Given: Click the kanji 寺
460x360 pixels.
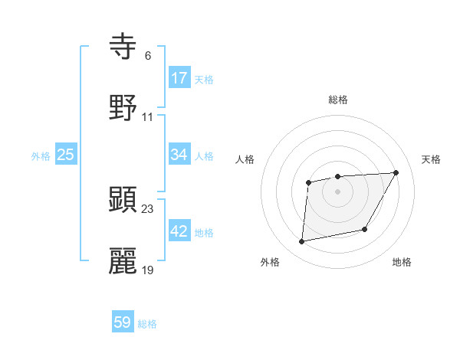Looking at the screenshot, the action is tap(123, 47).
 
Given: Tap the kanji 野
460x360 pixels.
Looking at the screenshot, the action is tap(123, 108).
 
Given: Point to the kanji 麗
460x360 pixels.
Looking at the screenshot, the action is tap(123, 261).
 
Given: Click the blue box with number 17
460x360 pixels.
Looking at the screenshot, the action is tap(179, 78).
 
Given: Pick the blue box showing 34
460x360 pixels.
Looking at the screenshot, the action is tap(179, 155).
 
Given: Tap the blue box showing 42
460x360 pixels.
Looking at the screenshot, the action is tap(179, 231).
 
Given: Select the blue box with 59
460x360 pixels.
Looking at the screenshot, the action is tap(123, 322).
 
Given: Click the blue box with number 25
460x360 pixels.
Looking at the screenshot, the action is tap(66, 155).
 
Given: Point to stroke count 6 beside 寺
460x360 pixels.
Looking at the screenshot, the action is tap(147, 55).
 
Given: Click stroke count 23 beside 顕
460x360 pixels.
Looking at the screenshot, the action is tap(148, 208).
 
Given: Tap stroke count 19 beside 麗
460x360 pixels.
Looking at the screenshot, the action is tap(148, 270).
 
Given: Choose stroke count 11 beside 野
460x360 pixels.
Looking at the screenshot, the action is tap(148, 116).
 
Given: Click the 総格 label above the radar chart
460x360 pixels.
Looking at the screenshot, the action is tap(338, 100).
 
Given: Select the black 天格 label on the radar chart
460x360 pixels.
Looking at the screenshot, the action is tap(432, 159).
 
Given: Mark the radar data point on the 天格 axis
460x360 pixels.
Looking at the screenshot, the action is tap(396, 172).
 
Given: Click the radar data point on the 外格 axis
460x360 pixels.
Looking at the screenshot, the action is tap(302, 241).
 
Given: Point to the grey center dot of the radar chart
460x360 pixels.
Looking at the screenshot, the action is tap(337, 191).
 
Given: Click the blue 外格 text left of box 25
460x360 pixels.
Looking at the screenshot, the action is tap(41, 155).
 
